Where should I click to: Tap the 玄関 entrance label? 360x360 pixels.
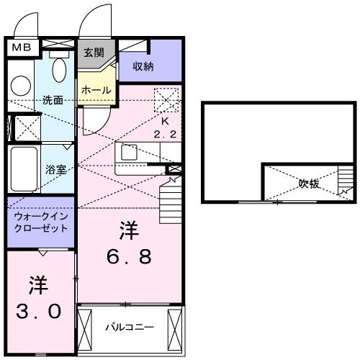[94, 53]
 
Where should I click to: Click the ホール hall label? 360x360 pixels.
[96, 90]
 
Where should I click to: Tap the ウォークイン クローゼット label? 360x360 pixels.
[40, 222]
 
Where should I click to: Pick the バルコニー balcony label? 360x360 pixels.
[130, 327]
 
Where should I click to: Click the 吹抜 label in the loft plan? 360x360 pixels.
[310, 184]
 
